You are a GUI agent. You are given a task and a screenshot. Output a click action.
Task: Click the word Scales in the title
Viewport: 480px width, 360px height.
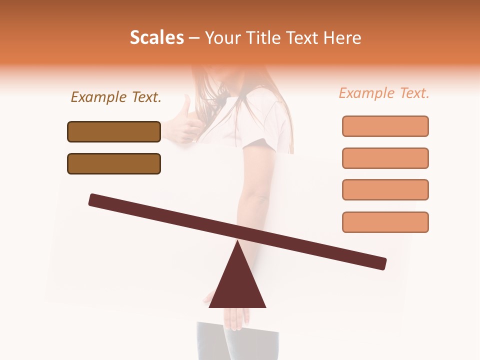156,37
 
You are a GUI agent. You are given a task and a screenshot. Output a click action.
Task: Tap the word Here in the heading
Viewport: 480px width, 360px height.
342,37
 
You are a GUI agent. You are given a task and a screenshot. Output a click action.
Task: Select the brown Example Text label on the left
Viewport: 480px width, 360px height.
116,97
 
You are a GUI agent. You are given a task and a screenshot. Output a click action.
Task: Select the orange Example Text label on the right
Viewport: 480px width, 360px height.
384,93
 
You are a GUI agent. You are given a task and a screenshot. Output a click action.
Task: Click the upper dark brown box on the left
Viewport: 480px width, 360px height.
114,131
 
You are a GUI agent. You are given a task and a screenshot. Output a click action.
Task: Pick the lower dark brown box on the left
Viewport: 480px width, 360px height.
114,163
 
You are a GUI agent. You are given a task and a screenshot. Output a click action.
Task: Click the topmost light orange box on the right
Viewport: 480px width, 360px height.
385,126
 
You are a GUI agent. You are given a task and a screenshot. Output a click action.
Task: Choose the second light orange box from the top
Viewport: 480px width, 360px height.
385,158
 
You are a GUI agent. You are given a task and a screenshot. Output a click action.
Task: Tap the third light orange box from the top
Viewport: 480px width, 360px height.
385,189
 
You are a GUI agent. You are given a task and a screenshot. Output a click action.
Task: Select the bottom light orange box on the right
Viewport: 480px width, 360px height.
385,222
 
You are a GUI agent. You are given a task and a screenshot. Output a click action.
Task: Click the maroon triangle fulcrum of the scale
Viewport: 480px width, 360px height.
237,285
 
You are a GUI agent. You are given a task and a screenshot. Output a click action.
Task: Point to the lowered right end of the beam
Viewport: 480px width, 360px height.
382,263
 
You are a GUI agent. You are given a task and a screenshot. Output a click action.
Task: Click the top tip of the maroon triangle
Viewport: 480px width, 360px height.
237,242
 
